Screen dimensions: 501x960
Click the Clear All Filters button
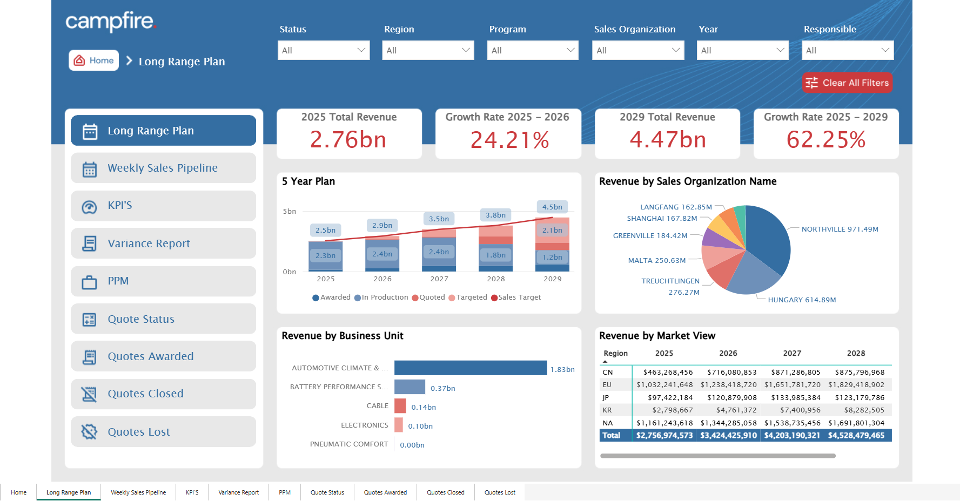[847, 83]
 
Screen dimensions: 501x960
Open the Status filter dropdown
[323, 50]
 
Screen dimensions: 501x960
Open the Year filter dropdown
[742, 50]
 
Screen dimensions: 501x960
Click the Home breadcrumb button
[94, 60]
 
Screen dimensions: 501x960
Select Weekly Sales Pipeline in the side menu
[163, 168]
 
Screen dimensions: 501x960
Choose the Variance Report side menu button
[163, 243]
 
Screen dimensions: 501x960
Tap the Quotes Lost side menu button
[163, 432]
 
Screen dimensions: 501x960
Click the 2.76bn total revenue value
[348, 140]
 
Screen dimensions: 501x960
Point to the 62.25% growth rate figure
[826, 140]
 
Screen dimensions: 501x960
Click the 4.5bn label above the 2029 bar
[552, 207]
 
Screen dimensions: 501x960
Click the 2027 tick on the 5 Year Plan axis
[439, 279]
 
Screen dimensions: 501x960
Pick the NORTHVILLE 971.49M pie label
[840, 229]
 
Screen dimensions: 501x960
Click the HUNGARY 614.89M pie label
[802, 300]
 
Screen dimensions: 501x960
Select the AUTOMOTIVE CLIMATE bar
[470, 368]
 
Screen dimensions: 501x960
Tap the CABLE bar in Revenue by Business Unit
[400, 406]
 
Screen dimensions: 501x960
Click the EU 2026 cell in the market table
[728, 385]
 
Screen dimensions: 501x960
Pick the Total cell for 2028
[856, 436]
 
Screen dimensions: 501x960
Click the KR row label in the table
[608, 410]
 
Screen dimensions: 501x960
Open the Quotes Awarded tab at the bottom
[385, 492]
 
